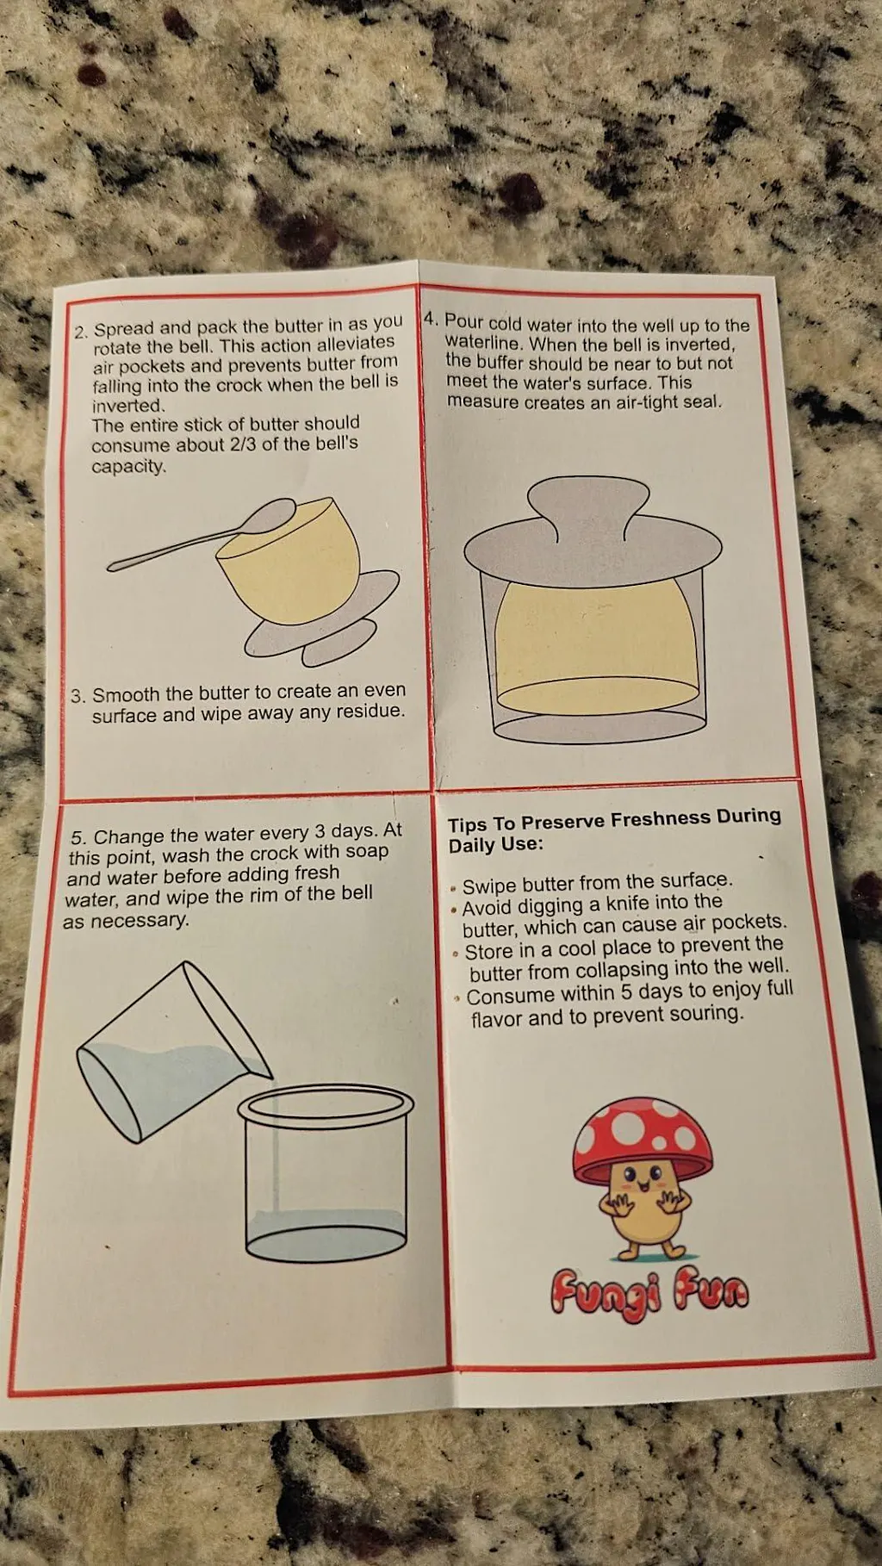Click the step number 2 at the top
81,332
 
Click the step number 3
78,696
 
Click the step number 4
432,320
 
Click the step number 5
78,837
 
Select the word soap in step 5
367,851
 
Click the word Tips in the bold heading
467,824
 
